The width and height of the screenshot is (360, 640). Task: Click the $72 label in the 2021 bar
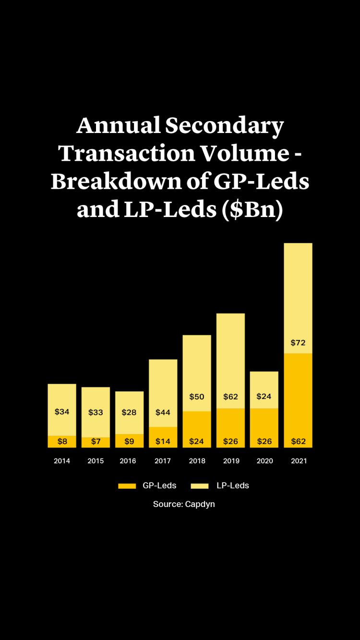pyautogui.click(x=298, y=343)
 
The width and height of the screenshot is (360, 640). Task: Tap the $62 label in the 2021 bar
pyautogui.click(x=298, y=441)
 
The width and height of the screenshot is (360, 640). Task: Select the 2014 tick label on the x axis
pyautogui.click(x=62, y=461)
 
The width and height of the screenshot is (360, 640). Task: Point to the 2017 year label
pyautogui.click(x=163, y=461)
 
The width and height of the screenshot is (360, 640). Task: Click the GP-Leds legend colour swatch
pyautogui.click(x=128, y=486)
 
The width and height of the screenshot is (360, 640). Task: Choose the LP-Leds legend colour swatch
pyautogui.click(x=200, y=486)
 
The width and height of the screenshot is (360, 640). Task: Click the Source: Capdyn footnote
pyautogui.click(x=184, y=504)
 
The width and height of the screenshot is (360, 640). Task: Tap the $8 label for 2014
pyautogui.click(x=62, y=441)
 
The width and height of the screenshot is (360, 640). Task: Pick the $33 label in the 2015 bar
pyautogui.click(x=96, y=412)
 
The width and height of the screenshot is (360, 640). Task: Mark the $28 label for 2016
pyautogui.click(x=129, y=412)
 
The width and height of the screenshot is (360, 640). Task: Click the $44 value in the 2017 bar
pyautogui.click(x=163, y=412)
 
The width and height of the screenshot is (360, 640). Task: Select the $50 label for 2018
pyautogui.click(x=197, y=397)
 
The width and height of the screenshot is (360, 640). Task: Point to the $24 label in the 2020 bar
pyautogui.click(x=264, y=397)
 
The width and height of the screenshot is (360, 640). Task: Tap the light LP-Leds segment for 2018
pyautogui.click(x=197, y=365)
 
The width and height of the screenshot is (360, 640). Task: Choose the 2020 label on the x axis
pyautogui.click(x=264, y=461)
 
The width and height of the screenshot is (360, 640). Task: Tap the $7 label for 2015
pyautogui.click(x=96, y=441)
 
